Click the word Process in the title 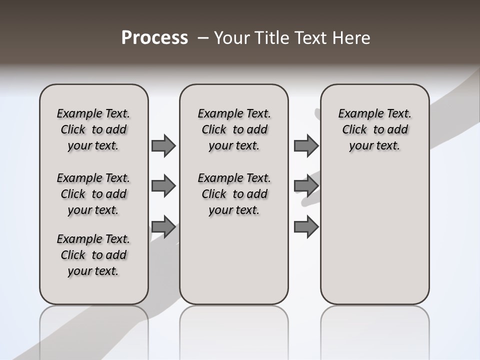coord(154,38)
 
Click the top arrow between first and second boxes coord(163,145)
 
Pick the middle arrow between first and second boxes coord(163,186)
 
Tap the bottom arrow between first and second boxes coord(163,227)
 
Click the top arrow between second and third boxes coord(306,145)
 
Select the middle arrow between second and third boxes coord(306,186)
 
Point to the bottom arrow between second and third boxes coord(306,227)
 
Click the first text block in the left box coord(93,129)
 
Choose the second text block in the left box coord(93,194)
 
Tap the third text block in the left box coord(93,255)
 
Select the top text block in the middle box coord(234,129)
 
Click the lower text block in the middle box coord(234,194)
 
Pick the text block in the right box coord(374,129)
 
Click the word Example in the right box coord(358,113)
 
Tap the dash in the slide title coord(203,38)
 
